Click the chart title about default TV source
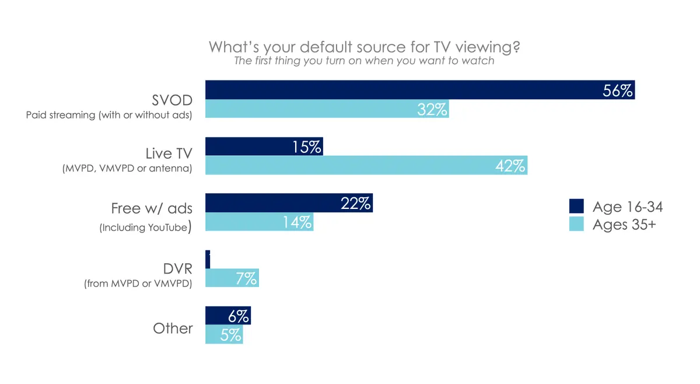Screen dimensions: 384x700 click(x=364, y=47)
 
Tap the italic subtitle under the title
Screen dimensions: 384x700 click(x=364, y=61)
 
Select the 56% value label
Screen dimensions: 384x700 click(x=618, y=90)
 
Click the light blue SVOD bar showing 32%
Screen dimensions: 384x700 click(x=327, y=109)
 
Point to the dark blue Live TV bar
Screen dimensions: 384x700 click(x=264, y=146)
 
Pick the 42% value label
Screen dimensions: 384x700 click(x=510, y=166)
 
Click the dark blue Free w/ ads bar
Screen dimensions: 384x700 click(x=289, y=203)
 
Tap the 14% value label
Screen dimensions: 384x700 click(x=297, y=222)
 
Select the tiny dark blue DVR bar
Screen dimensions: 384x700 click(x=208, y=260)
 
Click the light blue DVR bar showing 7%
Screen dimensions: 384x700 click(x=232, y=278)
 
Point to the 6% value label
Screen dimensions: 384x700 click(x=239, y=316)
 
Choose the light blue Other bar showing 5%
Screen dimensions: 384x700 click(x=224, y=335)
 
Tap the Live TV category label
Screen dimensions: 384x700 click(x=169, y=153)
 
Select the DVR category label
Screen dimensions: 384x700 click(x=177, y=270)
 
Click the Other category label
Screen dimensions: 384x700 click(x=173, y=329)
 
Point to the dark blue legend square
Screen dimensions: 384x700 click(x=576, y=207)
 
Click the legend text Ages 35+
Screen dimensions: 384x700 click(x=624, y=225)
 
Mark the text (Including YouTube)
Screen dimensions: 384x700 click(x=145, y=227)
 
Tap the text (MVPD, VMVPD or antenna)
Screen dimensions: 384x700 click(x=128, y=169)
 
